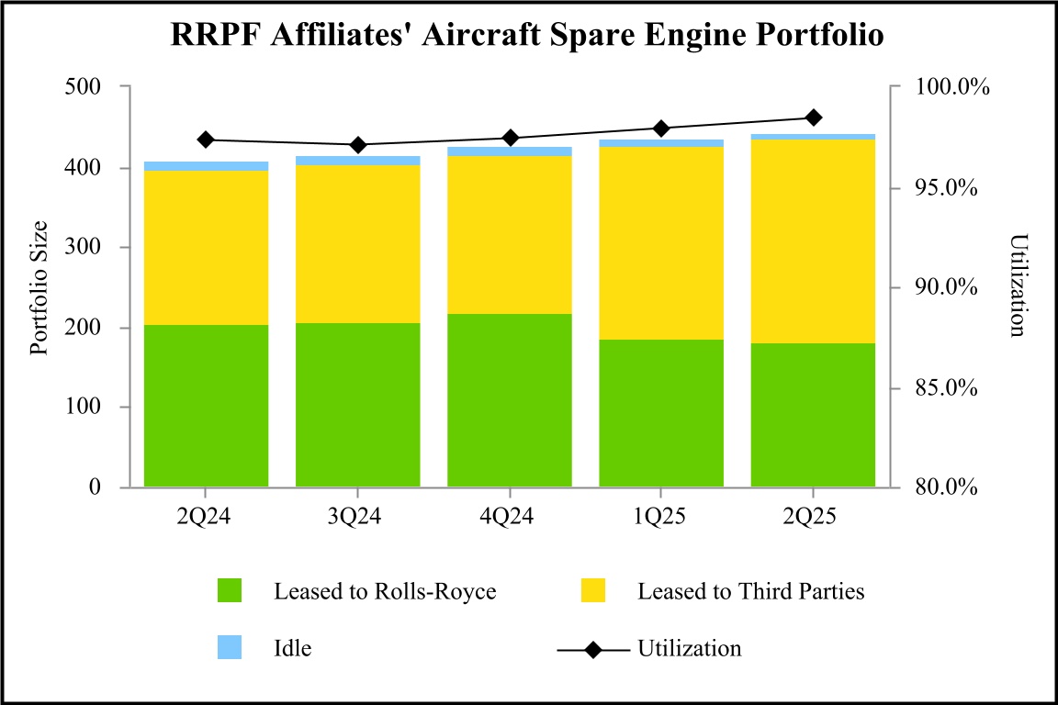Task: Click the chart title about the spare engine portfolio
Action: [x=528, y=36]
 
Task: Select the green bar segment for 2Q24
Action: [x=206, y=405]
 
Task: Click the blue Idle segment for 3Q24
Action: [x=357, y=161]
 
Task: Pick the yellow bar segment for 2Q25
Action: [x=813, y=241]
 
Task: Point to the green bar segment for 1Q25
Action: [x=661, y=413]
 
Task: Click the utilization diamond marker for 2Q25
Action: [x=813, y=117]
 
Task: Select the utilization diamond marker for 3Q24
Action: [x=357, y=145]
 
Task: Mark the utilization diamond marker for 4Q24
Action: [x=510, y=138]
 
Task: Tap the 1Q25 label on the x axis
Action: [x=661, y=517]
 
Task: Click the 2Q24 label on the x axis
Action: [x=206, y=517]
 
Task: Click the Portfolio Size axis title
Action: [x=39, y=287]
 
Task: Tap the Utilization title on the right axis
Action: [x=1017, y=285]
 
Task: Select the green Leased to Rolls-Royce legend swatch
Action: [x=230, y=591]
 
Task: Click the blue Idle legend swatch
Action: [x=230, y=647]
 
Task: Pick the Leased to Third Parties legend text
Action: [x=751, y=591]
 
